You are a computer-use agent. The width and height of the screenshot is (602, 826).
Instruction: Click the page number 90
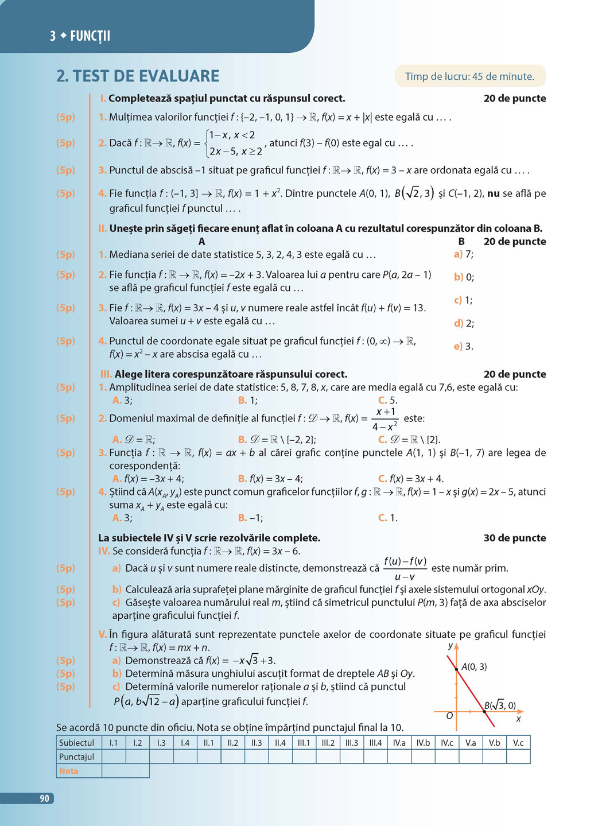(x=44, y=798)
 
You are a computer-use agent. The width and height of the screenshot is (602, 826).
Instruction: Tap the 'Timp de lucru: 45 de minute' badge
(x=469, y=76)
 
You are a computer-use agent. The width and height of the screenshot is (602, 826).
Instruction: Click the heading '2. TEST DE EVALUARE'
(x=138, y=76)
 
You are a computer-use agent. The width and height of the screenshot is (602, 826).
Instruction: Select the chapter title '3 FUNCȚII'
(x=80, y=36)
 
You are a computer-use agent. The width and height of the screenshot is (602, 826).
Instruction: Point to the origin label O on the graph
(x=449, y=716)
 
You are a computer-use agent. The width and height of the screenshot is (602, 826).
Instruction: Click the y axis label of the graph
(x=450, y=646)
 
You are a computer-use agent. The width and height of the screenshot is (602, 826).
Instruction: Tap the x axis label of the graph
(x=518, y=719)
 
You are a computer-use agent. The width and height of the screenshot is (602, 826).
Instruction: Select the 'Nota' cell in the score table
(x=69, y=771)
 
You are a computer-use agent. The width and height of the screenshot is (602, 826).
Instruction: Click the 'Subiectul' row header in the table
(x=76, y=743)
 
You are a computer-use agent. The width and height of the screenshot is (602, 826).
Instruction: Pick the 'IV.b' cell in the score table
(x=423, y=743)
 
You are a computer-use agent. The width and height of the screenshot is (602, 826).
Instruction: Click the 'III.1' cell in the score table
(x=304, y=743)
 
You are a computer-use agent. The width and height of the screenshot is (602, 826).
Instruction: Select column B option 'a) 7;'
(x=463, y=254)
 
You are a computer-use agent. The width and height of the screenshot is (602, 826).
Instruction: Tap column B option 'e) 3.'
(x=463, y=346)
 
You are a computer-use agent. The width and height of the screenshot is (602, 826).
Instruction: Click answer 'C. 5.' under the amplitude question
(x=387, y=401)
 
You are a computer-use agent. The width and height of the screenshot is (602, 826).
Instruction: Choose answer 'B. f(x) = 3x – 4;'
(x=270, y=479)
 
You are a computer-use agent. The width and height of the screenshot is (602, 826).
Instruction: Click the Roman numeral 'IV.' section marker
(x=104, y=551)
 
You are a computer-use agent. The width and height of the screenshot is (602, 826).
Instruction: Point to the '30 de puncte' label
(x=515, y=538)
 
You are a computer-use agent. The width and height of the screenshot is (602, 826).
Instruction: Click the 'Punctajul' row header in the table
(x=76, y=757)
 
